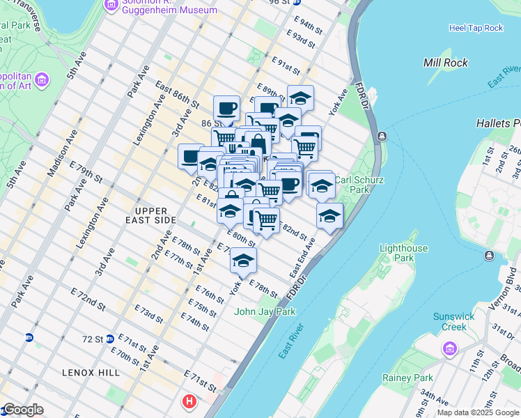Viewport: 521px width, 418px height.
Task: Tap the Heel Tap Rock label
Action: pyautogui.click(x=476, y=28)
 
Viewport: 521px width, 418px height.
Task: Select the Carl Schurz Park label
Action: pyautogui.click(x=360, y=184)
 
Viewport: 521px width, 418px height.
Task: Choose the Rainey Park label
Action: pyautogui.click(x=407, y=378)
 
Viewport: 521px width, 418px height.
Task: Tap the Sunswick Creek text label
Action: pyautogui.click(x=453, y=321)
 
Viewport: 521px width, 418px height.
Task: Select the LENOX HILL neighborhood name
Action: pyautogui.click(x=82, y=373)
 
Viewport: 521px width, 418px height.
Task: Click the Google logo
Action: pyautogui.click(x=22, y=410)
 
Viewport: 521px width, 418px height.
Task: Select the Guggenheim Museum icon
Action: pyautogui.click(x=111, y=6)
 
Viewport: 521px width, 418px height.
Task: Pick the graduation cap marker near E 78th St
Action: pyautogui.click(x=243, y=261)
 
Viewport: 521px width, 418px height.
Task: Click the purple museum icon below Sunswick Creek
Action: pyautogui.click(x=449, y=347)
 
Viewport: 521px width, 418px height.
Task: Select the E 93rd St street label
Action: pyautogui.click(x=304, y=40)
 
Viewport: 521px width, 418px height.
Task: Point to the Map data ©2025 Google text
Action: pyautogui.click(x=478, y=412)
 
